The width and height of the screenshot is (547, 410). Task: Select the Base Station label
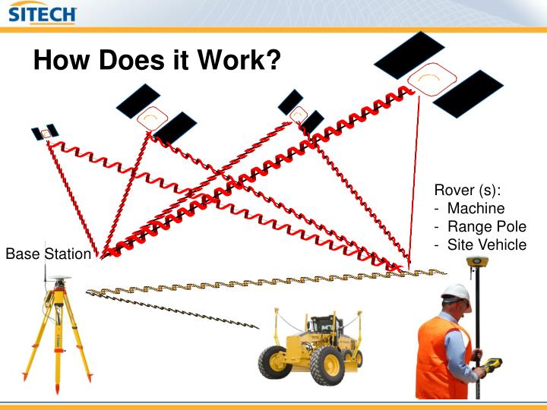[48, 254]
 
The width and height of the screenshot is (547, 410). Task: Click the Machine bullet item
[476, 207]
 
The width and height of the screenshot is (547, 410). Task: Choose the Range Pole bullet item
[486, 225]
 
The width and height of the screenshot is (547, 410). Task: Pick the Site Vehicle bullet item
[486, 244]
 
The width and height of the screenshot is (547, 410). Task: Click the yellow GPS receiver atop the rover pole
[477, 263]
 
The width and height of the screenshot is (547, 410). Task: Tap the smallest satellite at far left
[45, 133]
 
